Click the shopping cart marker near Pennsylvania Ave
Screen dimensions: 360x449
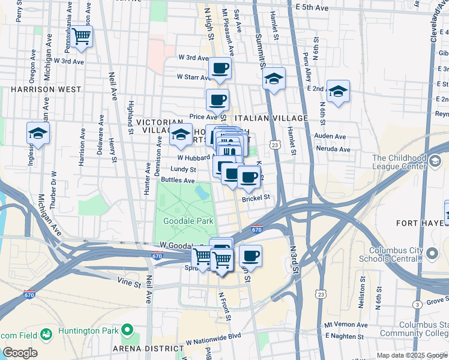coord(82,36)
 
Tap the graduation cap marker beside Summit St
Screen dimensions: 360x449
coord(274,79)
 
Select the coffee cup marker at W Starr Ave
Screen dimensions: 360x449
coord(220,68)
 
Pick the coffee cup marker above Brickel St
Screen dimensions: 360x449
coord(249,177)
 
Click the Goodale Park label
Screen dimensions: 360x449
coord(184,221)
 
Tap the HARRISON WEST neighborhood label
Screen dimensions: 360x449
coord(46,89)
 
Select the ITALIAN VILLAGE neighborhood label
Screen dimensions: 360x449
coord(271,119)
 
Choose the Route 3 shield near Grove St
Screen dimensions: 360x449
coord(416,305)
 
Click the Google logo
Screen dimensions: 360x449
coord(19,353)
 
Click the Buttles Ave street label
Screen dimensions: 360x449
coord(177,180)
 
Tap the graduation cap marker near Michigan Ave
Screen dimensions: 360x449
coord(38,134)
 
